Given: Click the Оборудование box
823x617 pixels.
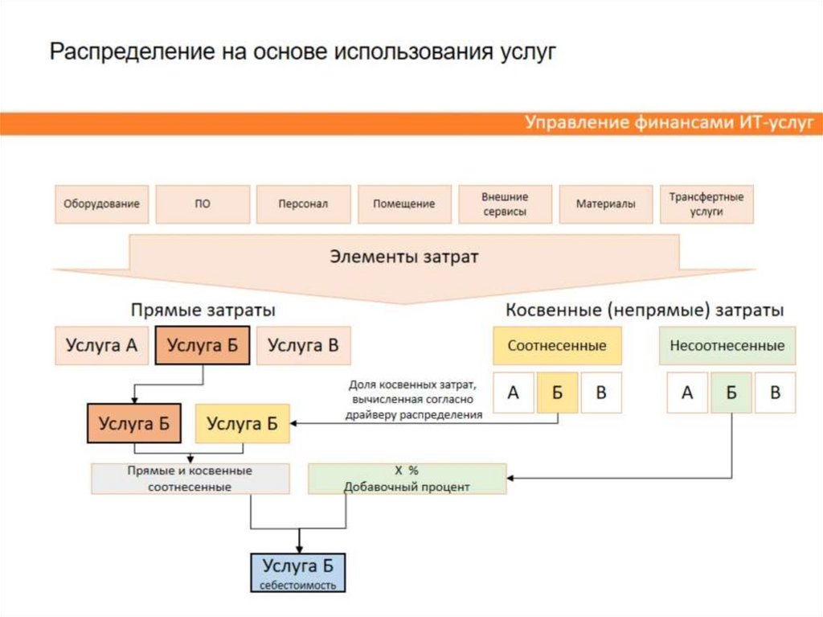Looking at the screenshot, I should coord(101,204).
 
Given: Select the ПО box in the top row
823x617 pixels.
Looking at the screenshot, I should coord(203,204).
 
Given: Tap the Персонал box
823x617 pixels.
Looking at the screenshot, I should coord(303,204).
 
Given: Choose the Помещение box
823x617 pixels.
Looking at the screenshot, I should coord(403,204).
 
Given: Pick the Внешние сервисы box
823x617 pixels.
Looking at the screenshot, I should coord(505,204).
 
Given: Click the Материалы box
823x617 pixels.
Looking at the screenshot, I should coord(605,204).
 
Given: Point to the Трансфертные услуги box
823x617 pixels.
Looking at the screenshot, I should coord(706,204).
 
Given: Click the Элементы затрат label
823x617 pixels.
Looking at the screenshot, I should coord(404,257).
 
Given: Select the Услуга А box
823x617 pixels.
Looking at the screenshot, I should coord(101,346).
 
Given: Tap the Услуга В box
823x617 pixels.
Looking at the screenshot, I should coord(304,346).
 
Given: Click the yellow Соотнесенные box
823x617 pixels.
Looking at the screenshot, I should coord(557,346).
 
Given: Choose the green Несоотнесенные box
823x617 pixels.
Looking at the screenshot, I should coord(727,346).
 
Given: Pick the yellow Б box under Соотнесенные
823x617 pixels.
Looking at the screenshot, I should coord(558,393).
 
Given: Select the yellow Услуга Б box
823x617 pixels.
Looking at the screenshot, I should coord(242,423).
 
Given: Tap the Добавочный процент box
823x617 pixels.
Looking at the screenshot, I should coord(407,479).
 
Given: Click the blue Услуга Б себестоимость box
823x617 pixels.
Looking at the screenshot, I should coord(298,572).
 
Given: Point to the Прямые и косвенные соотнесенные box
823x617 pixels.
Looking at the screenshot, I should coord(190,479).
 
